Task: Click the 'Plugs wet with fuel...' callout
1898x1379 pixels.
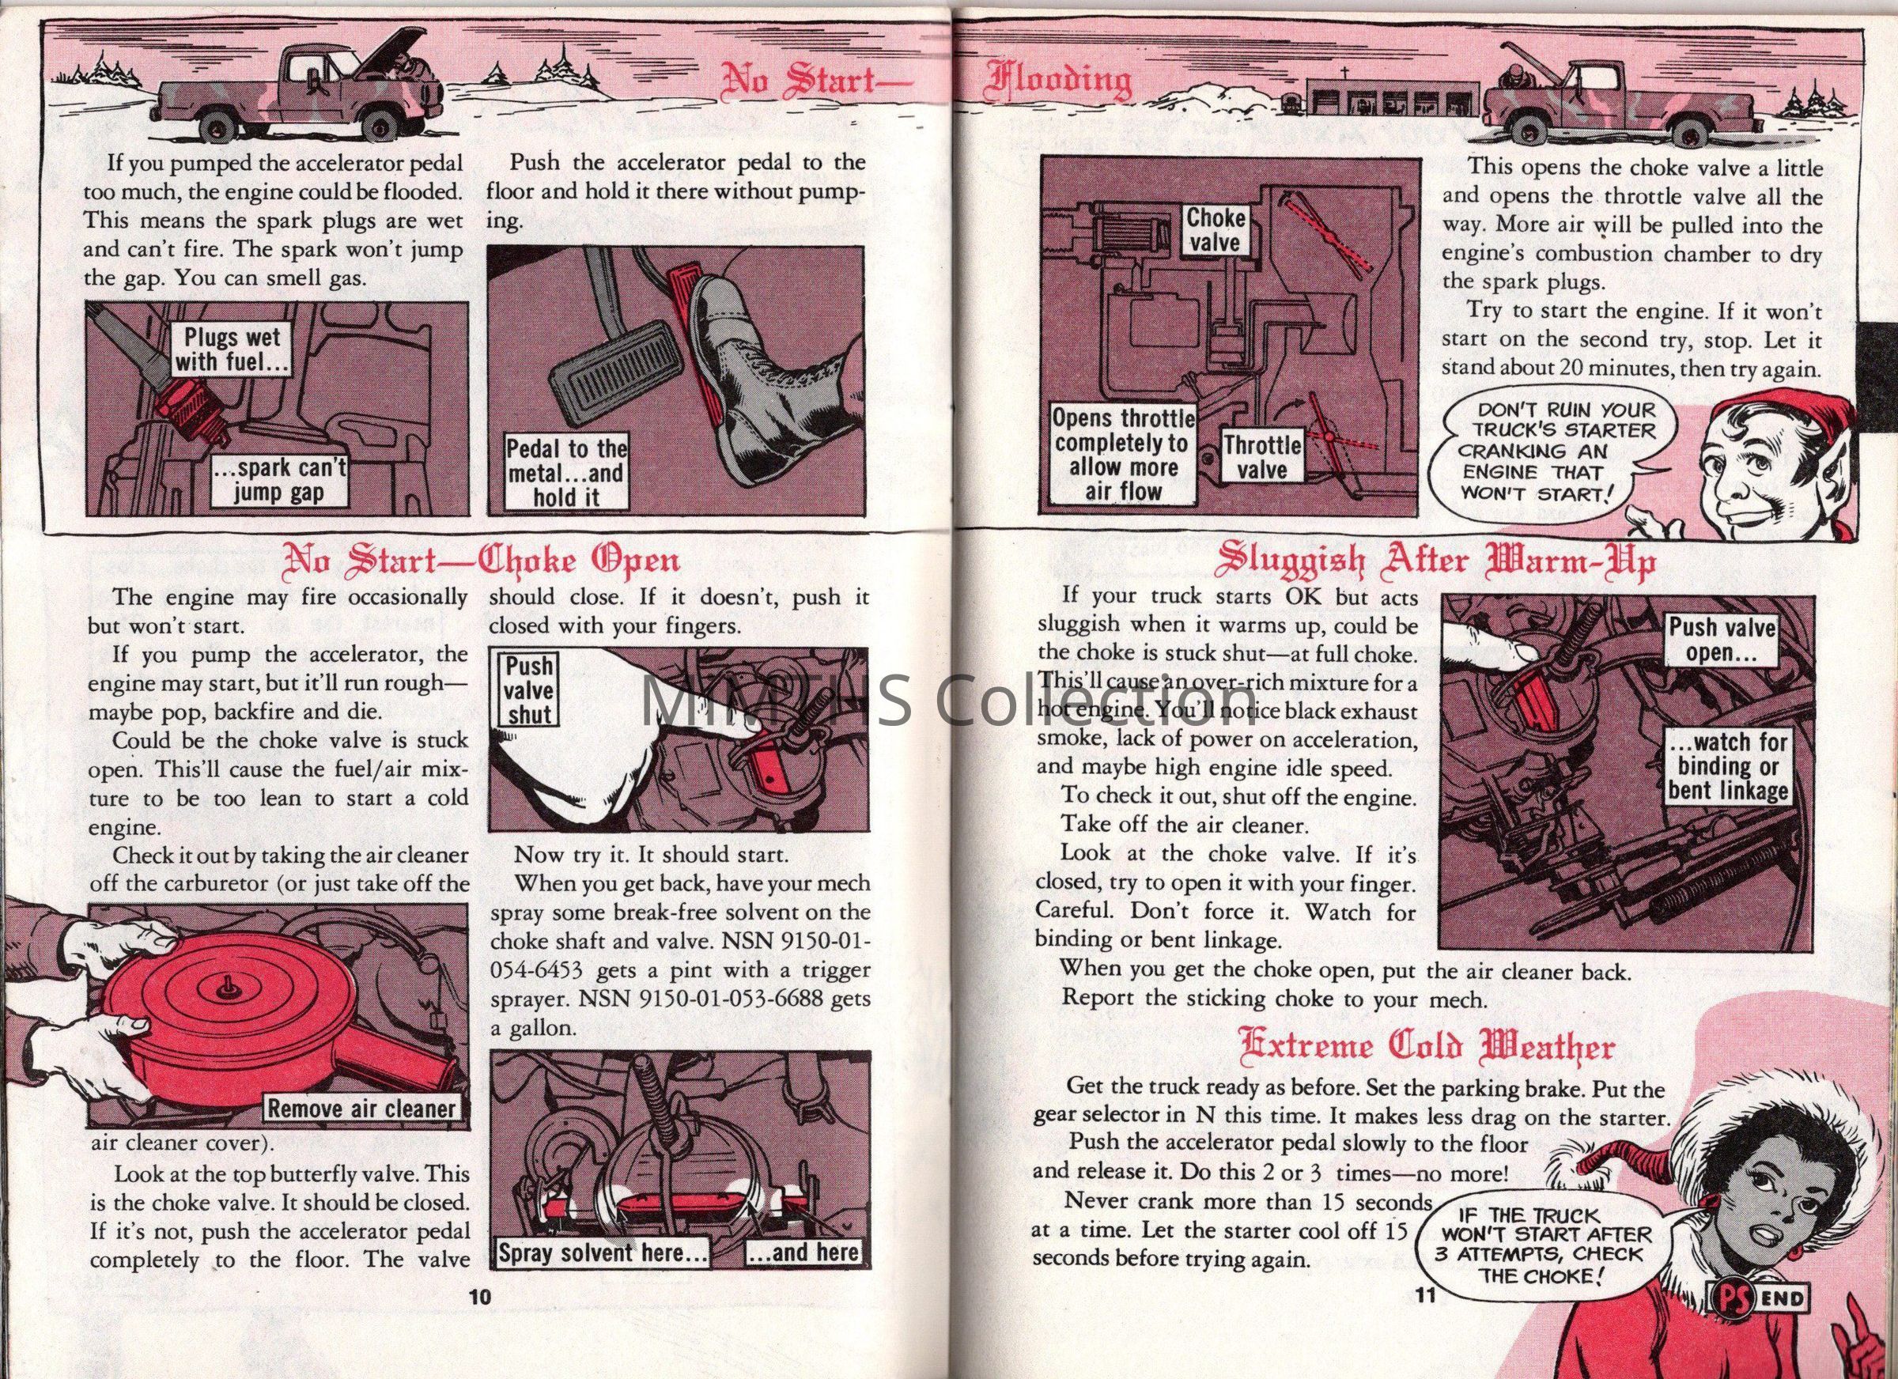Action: point(232,349)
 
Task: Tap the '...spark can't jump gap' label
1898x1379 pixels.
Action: point(278,481)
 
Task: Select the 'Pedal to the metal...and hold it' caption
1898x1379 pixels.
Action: point(566,474)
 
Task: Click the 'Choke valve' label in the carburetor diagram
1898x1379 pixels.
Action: point(1216,230)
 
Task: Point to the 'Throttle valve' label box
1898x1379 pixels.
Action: point(1262,457)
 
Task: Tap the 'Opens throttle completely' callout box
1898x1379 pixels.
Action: point(1123,455)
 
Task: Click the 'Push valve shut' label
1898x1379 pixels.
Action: point(528,690)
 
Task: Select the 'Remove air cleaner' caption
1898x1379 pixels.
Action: point(361,1109)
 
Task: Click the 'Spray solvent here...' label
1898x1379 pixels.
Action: point(603,1252)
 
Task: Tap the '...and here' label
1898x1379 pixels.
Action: point(803,1252)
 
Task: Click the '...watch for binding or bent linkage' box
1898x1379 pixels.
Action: point(1727,765)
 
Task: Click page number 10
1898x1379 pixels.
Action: point(478,1298)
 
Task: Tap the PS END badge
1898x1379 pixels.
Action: point(1756,1299)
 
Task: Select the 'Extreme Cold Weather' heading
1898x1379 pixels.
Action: point(1427,1048)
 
